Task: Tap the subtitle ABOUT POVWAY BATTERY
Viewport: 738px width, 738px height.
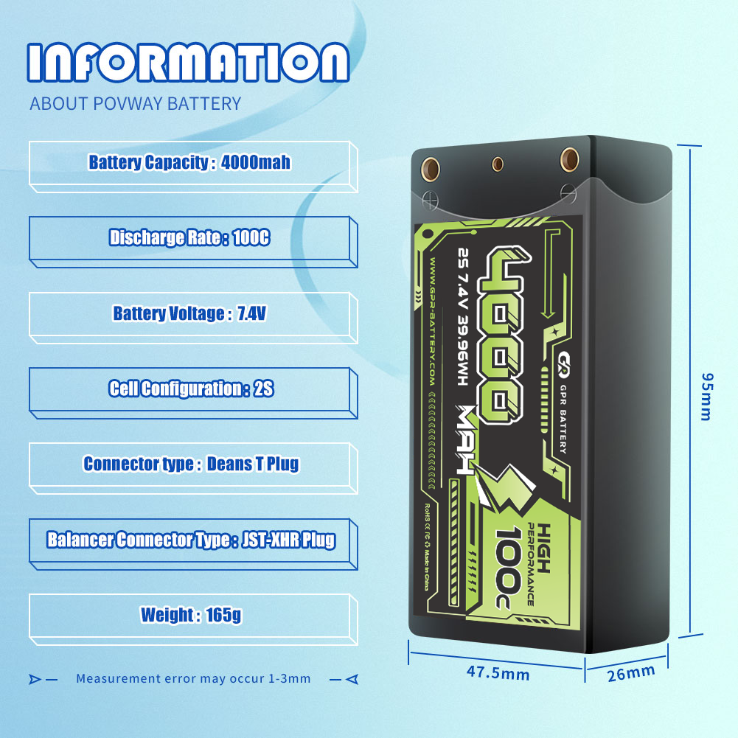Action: pos(135,103)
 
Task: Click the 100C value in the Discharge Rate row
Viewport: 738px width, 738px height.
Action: pos(251,238)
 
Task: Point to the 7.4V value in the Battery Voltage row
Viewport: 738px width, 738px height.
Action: pos(251,314)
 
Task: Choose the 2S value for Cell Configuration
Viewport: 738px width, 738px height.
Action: pos(263,389)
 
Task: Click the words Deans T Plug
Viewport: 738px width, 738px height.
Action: pos(253,464)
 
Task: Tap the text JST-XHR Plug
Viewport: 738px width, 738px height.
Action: pos(288,540)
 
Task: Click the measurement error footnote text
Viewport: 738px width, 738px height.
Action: pos(193,678)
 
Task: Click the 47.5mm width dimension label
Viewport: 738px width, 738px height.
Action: pos(498,673)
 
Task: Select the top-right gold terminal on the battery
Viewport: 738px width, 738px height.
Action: pos(568,157)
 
